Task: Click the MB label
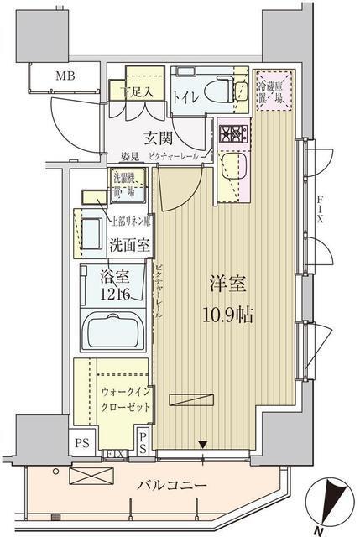65,78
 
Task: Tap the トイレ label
185,98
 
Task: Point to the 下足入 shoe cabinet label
135,91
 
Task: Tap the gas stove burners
229,132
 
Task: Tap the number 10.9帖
227,315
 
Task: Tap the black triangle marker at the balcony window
201,444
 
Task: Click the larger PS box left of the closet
83,443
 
